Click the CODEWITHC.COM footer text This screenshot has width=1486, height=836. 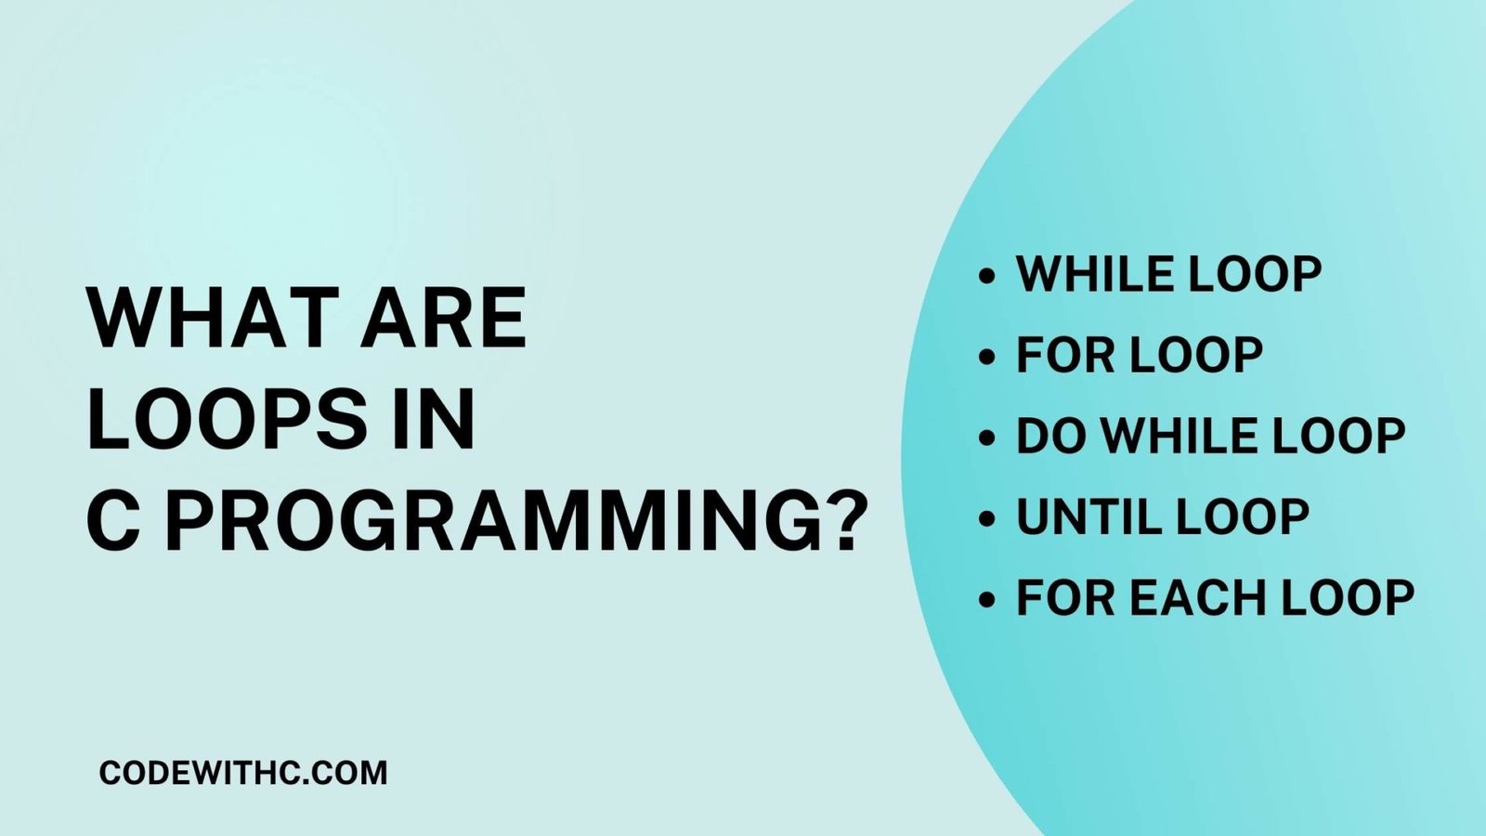242,773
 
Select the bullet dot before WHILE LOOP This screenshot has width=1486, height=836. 987,276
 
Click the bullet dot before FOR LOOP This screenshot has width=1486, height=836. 987,357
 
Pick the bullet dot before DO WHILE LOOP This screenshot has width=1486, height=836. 987,438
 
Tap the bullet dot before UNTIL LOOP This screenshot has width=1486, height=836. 987,518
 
